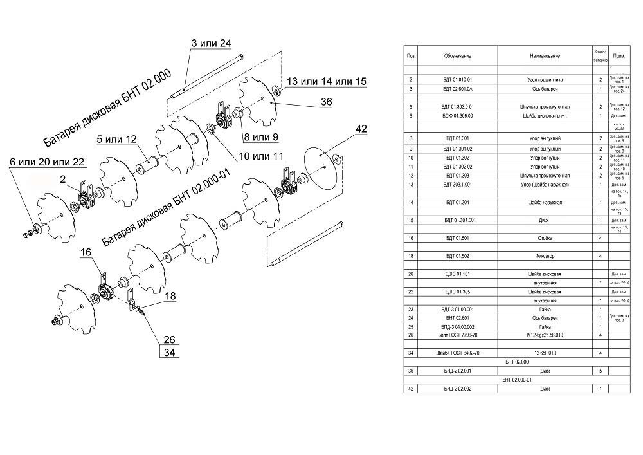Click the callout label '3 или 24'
pos(212,44)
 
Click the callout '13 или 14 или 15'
pos(326,82)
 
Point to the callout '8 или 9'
pos(260,137)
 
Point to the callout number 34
pos(170,352)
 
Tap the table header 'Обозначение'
pos(458,56)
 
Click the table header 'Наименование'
pos(544,56)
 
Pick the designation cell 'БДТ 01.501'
pos(458,238)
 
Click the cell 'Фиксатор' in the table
pos(544,256)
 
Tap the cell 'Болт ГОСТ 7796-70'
pos(458,335)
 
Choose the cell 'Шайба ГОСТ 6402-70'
pos(458,353)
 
